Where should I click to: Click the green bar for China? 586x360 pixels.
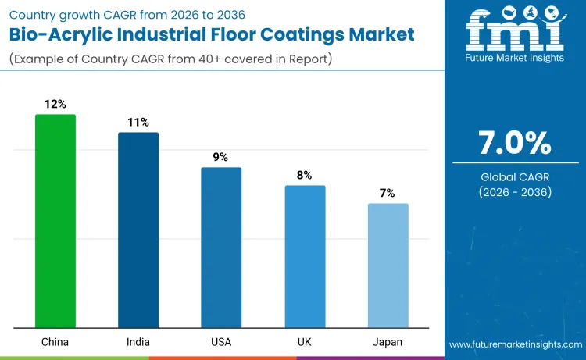coord(55,221)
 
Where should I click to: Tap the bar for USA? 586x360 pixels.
coord(221,248)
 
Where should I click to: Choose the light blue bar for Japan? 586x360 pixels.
coord(388,266)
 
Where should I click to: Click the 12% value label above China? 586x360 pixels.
coord(55,104)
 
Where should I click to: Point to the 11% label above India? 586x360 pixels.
coord(138,122)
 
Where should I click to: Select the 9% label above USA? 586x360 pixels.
coord(221,157)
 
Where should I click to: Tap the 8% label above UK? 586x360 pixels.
coord(305,175)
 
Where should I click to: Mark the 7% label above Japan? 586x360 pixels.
coord(388,193)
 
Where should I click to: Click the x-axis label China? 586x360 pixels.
coord(55,343)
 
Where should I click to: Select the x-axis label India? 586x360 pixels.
coord(138,343)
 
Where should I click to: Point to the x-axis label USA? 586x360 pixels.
coord(221,343)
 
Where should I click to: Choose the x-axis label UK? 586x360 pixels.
coord(305,343)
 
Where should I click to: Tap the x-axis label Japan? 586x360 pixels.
coord(388,343)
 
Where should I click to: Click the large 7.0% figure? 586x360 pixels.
coord(514,144)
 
